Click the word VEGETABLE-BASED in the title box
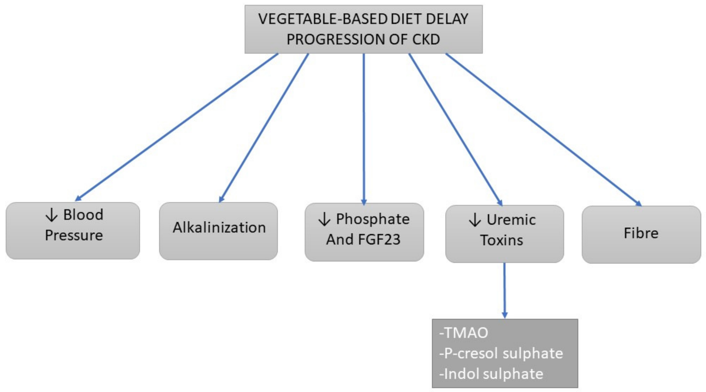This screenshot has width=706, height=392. click(323, 19)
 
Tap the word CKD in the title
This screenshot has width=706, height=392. click(426, 39)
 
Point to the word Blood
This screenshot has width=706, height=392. click(83, 215)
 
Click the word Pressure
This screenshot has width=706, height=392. click(74, 235)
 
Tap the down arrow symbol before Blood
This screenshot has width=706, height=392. click(51, 215)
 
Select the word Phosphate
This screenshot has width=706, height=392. click(373, 219)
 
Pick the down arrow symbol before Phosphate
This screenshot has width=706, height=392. click(324, 220)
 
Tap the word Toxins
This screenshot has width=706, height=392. click(501, 240)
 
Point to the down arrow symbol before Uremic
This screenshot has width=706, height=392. click(475, 220)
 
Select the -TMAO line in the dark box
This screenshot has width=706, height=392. click(464, 333)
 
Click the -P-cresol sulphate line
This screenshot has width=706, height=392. click(501, 354)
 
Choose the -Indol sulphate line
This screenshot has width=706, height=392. click(491, 374)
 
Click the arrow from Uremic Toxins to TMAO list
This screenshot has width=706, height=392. click(505, 291)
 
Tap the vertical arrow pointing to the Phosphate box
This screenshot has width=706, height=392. click(364, 129)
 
